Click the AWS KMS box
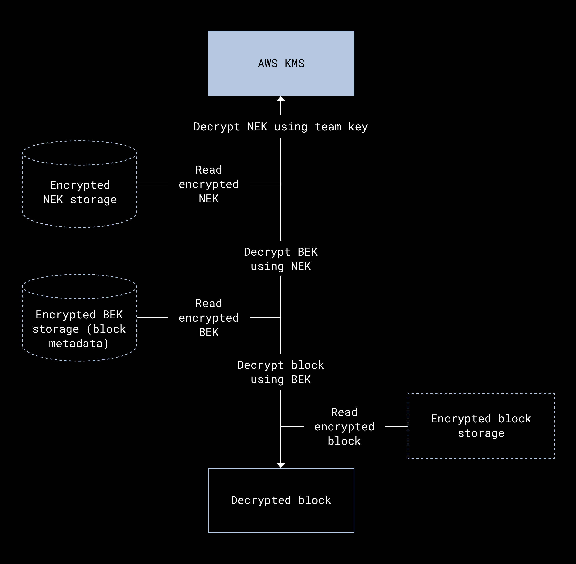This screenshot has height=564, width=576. pyautogui.click(x=281, y=44)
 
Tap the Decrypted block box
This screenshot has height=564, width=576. pyautogui.click(x=281, y=518)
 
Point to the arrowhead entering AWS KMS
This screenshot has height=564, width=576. pyautogui.click(x=281, y=99)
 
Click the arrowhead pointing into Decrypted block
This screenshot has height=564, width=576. pyautogui.click(x=281, y=465)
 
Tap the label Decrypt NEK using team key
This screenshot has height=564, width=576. pyautogui.click(x=281, y=127)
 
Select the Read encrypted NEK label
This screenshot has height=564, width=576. pyautogui.click(x=209, y=184)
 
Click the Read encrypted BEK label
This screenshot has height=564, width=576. pyautogui.click(x=209, y=318)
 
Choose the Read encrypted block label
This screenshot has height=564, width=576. pyautogui.click(x=344, y=427)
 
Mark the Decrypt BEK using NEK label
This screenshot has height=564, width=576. pyautogui.click(x=281, y=259)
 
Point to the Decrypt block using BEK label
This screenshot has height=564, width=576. pyautogui.click(x=281, y=372)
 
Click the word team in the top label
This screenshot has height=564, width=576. pyautogui.click(x=328, y=127)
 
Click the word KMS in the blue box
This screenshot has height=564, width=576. pyautogui.click(x=295, y=64)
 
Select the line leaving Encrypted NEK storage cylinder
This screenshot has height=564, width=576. pyautogui.click(x=153, y=184)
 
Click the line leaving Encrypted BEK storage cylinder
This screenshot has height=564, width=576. pyautogui.click(x=153, y=318)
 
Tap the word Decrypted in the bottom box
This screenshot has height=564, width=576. pyautogui.click(x=261, y=500)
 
